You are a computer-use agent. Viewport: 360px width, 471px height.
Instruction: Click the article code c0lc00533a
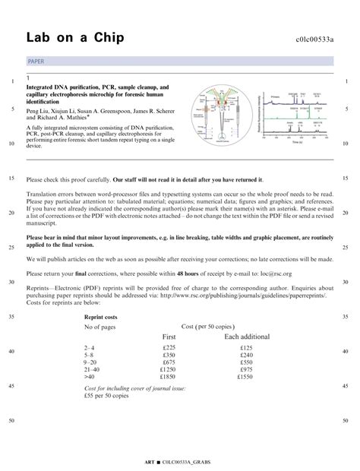314,39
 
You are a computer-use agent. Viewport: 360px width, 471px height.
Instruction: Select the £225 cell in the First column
169,347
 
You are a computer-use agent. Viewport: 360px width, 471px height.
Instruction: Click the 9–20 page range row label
91,362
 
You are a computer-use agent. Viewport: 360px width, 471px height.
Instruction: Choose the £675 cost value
169,362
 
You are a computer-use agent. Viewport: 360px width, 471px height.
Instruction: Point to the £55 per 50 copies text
108,396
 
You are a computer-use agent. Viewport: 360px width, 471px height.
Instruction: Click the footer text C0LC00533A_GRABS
187,462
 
